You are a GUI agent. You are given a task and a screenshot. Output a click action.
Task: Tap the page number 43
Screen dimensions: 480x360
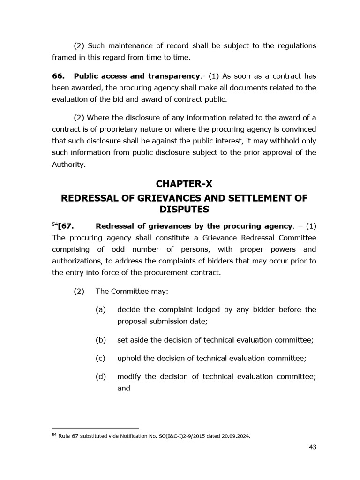pyautogui.click(x=313, y=447)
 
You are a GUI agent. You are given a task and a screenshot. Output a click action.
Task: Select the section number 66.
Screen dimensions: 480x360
pyautogui.click(x=58, y=75)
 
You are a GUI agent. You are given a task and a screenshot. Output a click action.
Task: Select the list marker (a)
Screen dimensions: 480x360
pyautogui.click(x=100, y=309)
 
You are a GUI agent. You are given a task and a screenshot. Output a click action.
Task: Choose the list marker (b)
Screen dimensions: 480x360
pyautogui.click(x=100, y=340)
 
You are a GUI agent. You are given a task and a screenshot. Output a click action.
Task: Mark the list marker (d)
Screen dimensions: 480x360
pyautogui.click(x=100, y=376)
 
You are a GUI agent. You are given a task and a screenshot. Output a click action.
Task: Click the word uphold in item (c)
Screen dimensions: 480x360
pyautogui.click(x=129, y=358)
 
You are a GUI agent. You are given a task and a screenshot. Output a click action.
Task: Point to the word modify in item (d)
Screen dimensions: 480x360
pyautogui.click(x=129, y=376)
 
